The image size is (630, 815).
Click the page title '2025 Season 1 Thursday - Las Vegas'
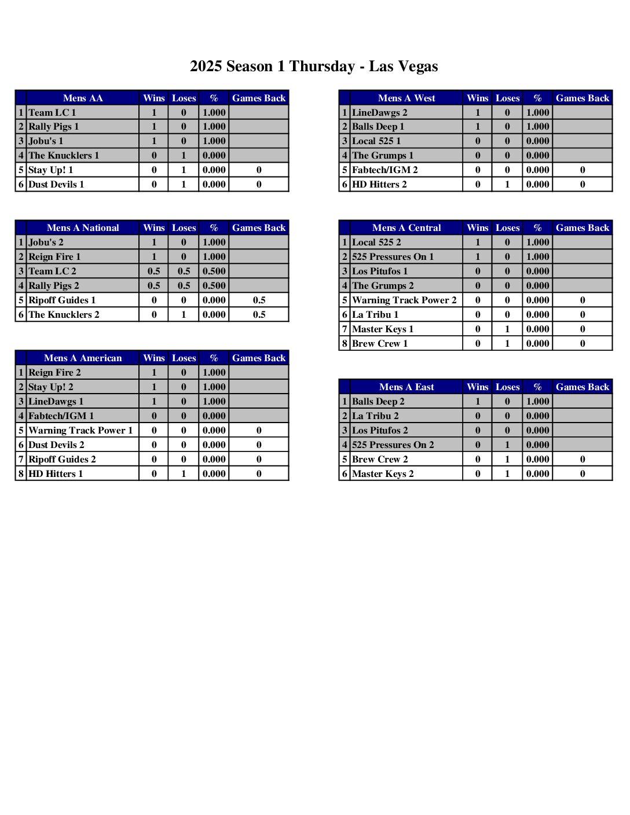point(314,67)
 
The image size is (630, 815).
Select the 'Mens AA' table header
point(82,98)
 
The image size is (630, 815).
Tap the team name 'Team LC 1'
point(52,112)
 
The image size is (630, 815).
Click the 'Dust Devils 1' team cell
point(56,184)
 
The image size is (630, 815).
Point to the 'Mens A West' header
point(406,98)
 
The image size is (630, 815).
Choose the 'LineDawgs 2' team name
point(379,112)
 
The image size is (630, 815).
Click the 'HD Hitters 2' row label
point(379,184)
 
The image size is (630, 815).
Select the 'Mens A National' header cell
point(82,227)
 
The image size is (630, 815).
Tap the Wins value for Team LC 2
point(153,271)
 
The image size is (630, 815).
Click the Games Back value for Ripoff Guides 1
point(259,300)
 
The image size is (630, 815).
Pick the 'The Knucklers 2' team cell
point(64,314)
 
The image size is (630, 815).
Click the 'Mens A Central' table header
point(406,227)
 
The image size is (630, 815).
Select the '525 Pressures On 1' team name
point(393,256)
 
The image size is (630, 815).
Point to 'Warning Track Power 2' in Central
point(404,300)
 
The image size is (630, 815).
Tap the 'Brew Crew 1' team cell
point(380,343)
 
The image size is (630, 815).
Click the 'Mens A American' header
point(82,358)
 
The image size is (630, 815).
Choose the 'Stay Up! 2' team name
point(51,387)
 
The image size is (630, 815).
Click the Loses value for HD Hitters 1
point(184,473)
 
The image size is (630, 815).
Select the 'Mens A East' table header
point(406,387)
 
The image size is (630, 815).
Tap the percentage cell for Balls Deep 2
point(537,401)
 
